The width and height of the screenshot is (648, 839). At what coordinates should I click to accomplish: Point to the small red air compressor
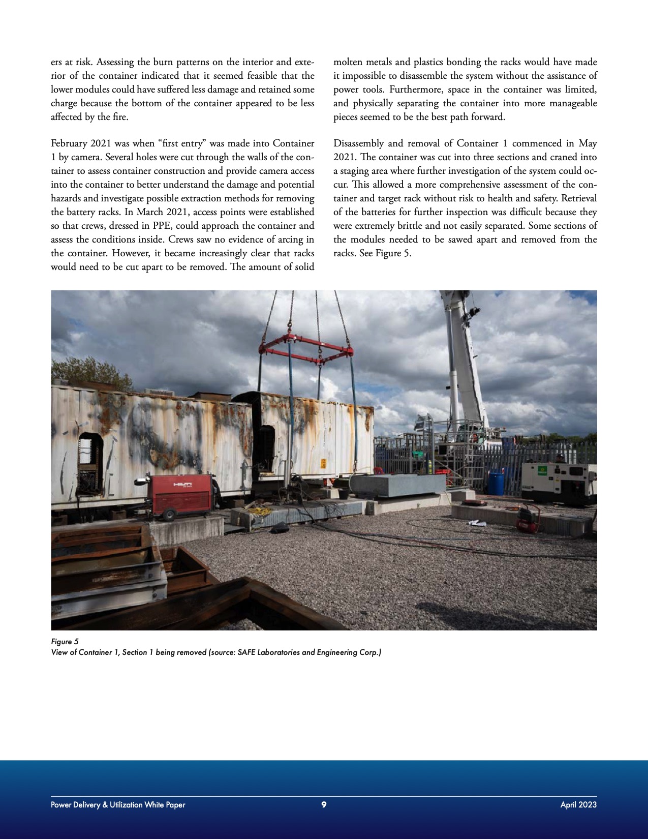coord(528,520)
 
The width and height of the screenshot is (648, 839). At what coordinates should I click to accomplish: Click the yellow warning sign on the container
coord(322,464)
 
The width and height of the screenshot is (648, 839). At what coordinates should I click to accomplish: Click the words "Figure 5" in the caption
coord(65,642)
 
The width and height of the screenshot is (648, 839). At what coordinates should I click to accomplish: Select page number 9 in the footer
coord(324,804)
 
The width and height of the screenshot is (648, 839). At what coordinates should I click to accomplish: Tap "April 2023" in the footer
coord(578,804)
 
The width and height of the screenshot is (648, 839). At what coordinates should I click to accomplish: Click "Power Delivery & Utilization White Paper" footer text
coord(118,804)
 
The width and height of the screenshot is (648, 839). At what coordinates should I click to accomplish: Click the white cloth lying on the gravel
coord(477,523)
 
